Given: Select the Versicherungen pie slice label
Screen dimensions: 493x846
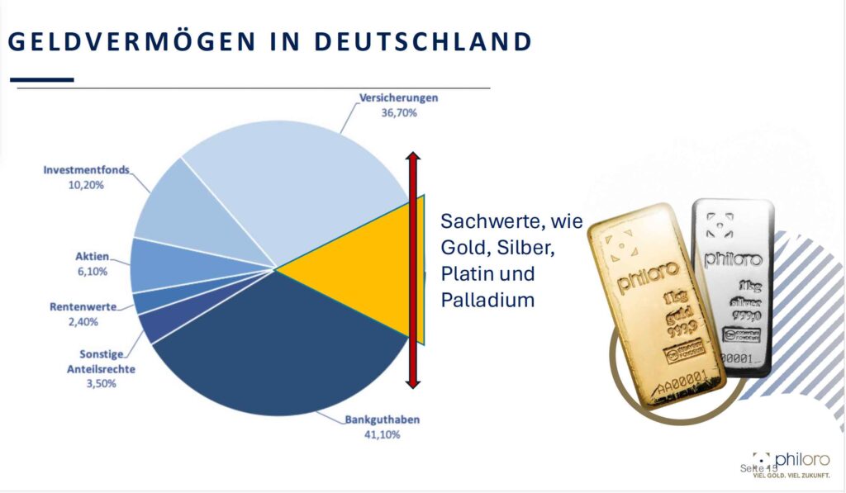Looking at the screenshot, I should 398,97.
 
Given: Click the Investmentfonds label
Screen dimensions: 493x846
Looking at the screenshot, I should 87,170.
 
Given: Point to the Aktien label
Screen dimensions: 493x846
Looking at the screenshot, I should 92,256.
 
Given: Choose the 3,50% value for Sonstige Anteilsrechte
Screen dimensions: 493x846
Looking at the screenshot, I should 99,383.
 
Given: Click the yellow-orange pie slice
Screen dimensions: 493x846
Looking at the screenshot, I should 364,268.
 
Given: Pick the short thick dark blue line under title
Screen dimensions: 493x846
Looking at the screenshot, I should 40,80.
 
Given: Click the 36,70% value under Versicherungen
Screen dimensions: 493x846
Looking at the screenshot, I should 398,111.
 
